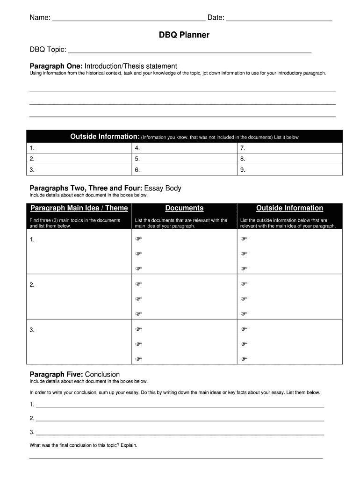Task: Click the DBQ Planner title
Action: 184,35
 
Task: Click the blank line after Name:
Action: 129,19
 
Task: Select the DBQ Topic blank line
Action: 189,51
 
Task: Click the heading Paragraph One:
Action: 56,66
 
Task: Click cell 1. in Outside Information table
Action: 79,148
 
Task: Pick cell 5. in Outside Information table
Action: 184,159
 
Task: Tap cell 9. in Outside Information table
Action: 289,170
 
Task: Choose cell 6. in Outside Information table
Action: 184,170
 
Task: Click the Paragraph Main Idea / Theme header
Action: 79,208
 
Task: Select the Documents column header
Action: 184,208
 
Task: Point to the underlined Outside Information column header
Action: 289,208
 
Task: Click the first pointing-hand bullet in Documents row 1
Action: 138,239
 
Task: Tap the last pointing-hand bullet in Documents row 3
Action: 138,359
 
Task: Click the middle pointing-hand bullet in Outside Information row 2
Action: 244,299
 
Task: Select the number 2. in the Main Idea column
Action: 32,285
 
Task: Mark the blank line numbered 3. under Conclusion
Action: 180,432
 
